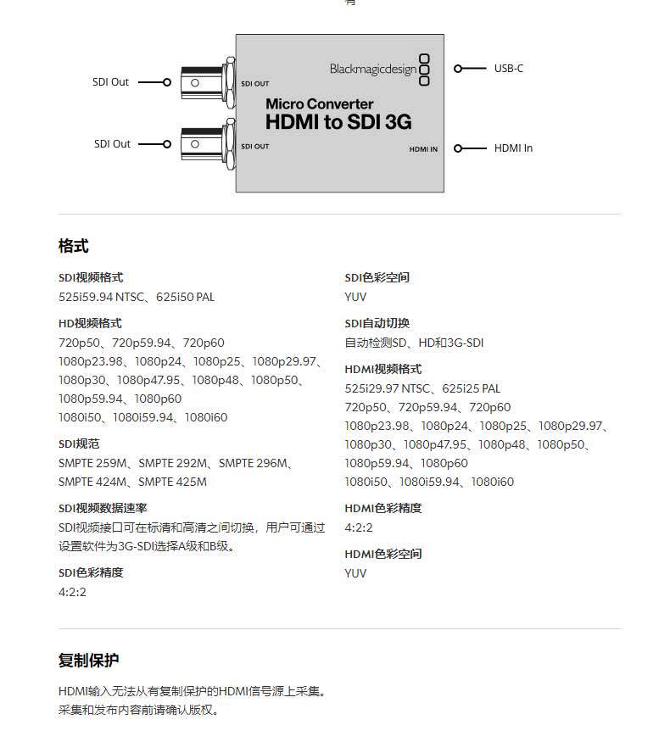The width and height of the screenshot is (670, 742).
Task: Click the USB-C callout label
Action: click(x=508, y=68)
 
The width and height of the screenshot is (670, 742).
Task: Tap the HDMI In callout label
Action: click(x=513, y=148)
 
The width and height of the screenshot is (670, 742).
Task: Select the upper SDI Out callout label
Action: click(x=111, y=82)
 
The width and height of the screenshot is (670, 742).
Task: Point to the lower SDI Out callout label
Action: click(x=112, y=144)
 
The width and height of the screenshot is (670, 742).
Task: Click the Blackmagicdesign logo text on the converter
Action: click(x=373, y=69)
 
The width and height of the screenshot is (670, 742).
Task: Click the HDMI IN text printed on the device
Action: click(x=423, y=149)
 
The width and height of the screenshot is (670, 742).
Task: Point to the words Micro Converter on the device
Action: click(x=319, y=104)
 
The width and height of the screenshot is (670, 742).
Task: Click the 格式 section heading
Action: click(x=74, y=247)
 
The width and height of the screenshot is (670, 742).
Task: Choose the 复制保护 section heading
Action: click(x=89, y=661)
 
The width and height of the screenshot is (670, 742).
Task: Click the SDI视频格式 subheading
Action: click(x=91, y=278)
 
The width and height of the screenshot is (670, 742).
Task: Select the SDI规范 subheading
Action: click(x=79, y=444)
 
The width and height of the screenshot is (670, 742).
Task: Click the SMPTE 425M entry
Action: click(x=172, y=482)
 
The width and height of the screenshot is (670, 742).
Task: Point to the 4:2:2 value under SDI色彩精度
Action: click(x=72, y=592)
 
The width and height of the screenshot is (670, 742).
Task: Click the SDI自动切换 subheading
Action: click(x=377, y=324)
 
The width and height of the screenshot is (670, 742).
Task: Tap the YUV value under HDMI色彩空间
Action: click(x=355, y=573)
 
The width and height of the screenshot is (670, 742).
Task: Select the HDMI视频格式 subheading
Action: click(x=382, y=370)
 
